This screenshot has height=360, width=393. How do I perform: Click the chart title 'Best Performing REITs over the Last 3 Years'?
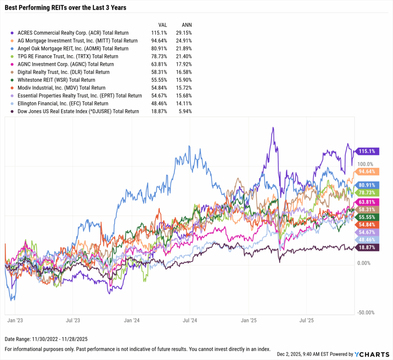point(65,7)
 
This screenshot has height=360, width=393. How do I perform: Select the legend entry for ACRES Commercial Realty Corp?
point(73,33)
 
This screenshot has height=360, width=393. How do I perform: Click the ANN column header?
point(187,24)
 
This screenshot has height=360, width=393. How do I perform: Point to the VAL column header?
point(163,24)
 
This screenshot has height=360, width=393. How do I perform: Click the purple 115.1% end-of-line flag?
point(368,151)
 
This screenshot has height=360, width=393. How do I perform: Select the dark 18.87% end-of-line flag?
point(368,248)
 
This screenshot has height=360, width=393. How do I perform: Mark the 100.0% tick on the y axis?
point(365,164)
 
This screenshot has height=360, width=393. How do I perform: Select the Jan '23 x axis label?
point(14,319)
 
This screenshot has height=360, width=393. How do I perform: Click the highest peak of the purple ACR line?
point(273,128)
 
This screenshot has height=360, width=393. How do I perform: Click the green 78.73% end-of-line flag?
point(368,192)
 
